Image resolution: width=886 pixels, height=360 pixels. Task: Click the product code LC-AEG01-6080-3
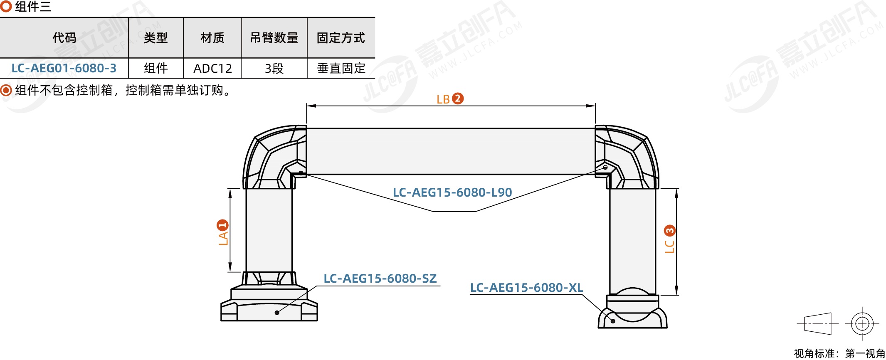tap(64, 68)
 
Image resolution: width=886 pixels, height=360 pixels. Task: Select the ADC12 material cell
tap(212, 68)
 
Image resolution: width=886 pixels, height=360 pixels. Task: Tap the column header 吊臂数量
tap(274, 38)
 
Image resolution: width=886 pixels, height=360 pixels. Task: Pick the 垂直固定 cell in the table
tap(341, 68)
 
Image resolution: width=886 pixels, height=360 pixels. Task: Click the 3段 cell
tap(274, 68)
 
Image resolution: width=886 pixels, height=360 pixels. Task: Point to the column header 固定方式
tap(341, 38)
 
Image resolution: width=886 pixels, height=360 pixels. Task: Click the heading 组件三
tap(33, 7)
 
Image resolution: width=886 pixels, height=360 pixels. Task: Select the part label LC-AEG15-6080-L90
tap(452, 192)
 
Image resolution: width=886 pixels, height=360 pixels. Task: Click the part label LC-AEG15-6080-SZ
tap(380, 279)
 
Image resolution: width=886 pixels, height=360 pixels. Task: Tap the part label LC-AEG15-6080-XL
tap(526, 288)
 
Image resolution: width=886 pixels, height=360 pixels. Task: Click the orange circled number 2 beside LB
tap(458, 99)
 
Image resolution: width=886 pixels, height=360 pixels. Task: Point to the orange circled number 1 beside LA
tap(222, 225)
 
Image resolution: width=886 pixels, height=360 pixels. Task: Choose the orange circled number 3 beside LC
tap(670, 231)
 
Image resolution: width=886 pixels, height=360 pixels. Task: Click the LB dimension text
tap(443, 99)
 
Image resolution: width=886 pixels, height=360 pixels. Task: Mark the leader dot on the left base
tap(277, 313)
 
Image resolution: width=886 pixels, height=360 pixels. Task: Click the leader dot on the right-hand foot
tap(613, 321)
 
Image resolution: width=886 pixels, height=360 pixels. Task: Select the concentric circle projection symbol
tap(862, 323)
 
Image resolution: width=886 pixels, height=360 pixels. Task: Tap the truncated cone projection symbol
tap(818, 323)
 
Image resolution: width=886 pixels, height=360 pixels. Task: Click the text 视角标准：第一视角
tap(839, 353)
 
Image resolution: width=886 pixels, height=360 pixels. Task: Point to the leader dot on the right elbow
tap(605, 168)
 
